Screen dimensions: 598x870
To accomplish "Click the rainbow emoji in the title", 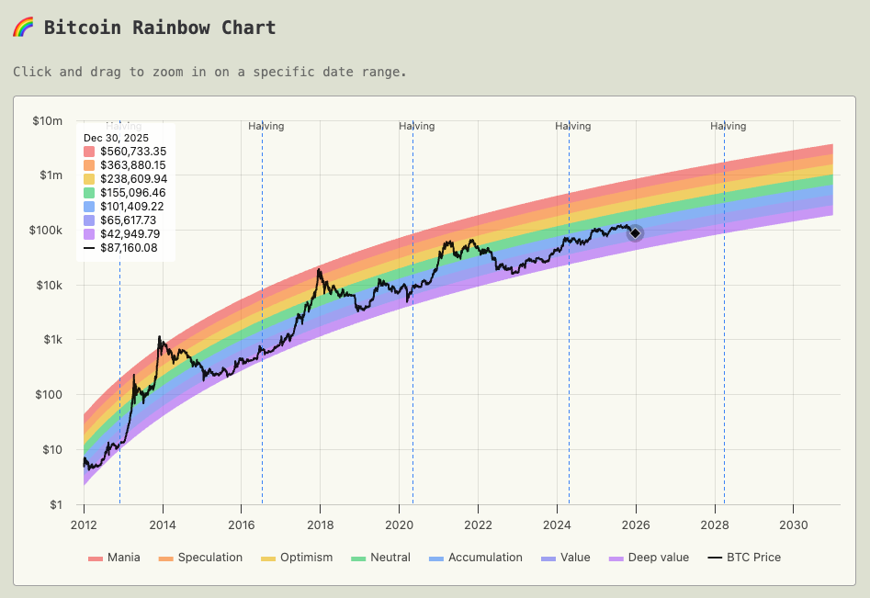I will coord(23,27).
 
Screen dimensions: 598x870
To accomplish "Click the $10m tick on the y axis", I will coord(47,120).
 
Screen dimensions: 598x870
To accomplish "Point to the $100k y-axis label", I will coord(46,230).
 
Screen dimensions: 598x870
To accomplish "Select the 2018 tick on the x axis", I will coord(320,524).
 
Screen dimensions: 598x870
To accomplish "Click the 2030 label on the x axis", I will coord(792,524).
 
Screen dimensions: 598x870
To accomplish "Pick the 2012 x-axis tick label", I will coord(84,524).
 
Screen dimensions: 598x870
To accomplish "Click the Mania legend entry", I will coord(114,558).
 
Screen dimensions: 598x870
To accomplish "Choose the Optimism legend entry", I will coord(296,558).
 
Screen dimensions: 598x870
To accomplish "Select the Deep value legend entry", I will coord(649,558).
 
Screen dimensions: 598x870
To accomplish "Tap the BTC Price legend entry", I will coord(744,558).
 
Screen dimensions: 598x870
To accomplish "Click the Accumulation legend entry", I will coord(475,558).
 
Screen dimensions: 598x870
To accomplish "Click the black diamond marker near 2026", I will coord(635,233).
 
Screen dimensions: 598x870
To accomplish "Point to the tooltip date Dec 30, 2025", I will coord(116,138).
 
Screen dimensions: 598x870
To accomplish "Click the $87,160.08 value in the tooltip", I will coord(129,248).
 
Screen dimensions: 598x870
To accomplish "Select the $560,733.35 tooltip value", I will coord(132,152).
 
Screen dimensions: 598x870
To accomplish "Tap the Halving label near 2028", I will coord(728,126).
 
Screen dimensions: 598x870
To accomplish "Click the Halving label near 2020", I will coord(416,126).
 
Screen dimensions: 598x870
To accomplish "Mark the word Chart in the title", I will coord(248,27).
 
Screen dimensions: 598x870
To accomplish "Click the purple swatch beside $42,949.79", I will coord(89,234).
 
